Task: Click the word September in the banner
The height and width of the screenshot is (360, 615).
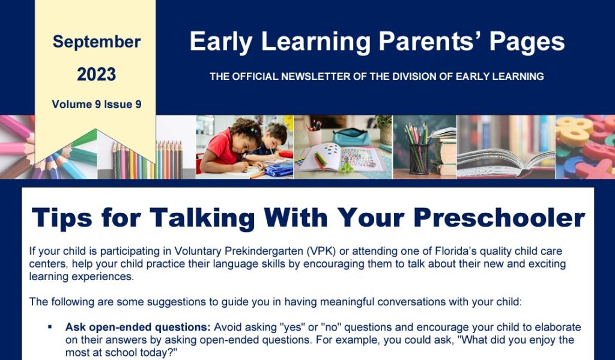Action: (x=97, y=42)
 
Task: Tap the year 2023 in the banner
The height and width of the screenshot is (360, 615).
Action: (x=97, y=74)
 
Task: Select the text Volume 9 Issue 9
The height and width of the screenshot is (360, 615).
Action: (x=97, y=104)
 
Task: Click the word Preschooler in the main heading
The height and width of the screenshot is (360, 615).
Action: (x=499, y=217)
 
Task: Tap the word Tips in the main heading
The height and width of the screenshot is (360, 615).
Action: (x=62, y=218)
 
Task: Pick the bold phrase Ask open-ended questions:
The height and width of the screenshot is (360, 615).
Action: (x=138, y=328)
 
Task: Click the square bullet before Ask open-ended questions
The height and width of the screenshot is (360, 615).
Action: (x=50, y=326)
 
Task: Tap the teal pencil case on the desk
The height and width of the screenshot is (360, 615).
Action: (x=351, y=137)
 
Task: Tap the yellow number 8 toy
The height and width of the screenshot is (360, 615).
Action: (x=575, y=130)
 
